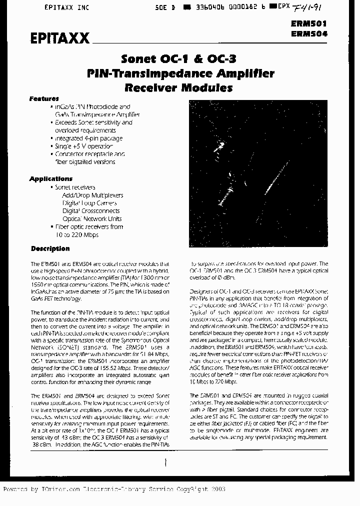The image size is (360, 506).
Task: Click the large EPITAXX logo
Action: (59, 38)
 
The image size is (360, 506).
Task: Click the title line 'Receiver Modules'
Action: (178, 88)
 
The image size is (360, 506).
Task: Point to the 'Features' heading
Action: (44, 98)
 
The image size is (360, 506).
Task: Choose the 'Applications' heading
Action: (50, 178)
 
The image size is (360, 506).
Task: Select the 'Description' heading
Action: (50, 248)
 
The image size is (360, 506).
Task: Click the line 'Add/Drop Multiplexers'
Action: (92, 195)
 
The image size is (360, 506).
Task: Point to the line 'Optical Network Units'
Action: (92, 218)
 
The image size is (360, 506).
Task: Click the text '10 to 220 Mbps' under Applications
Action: (76, 234)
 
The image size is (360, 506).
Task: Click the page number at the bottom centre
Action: (165, 463)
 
